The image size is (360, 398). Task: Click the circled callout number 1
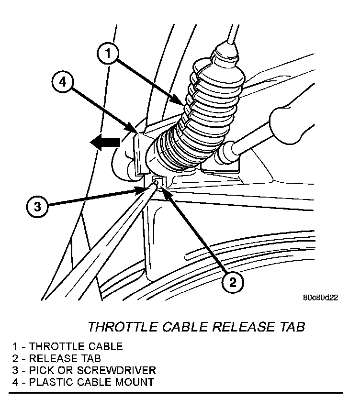[x=109, y=54]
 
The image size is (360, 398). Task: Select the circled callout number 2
[x=232, y=282]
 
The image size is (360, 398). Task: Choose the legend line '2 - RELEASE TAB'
[x=57, y=358]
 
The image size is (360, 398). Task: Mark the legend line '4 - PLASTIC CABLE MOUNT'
[x=77, y=382]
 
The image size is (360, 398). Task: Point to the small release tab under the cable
[x=158, y=181]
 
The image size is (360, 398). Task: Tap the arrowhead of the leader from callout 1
[x=181, y=104]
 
